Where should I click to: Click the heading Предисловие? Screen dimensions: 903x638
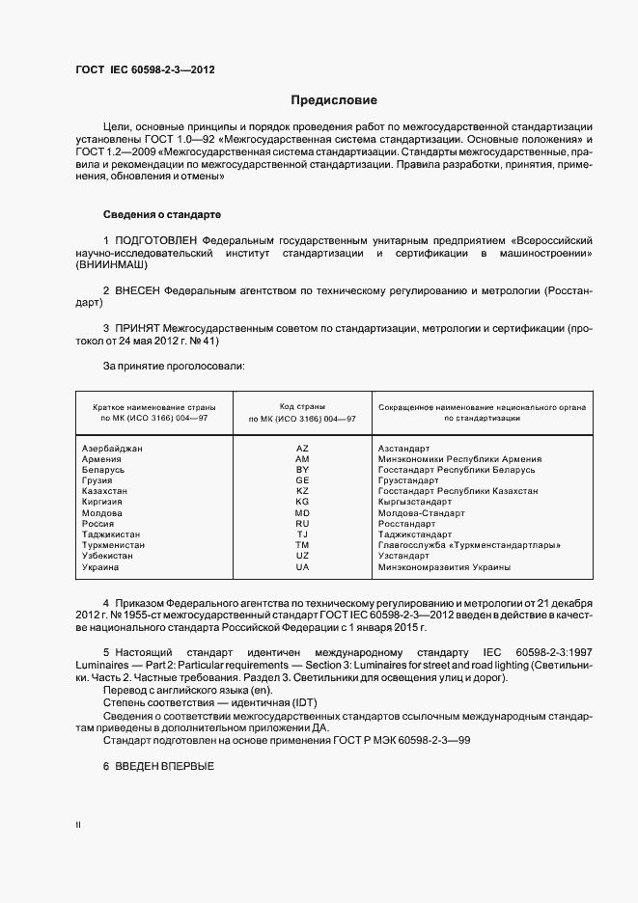pos(335,100)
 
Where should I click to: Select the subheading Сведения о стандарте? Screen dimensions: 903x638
pos(162,213)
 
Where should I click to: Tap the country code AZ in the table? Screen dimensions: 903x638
pos(302,449)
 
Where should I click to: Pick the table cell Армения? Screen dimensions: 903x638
pos(102,459)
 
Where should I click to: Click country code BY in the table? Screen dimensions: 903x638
pos(302,470)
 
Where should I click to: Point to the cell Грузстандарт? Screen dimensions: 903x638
pos(408,480)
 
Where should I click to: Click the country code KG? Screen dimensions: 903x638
pos(302,502)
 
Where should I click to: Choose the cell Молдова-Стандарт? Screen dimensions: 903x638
pos(421,512)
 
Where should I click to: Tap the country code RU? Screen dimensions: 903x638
pos(302,524)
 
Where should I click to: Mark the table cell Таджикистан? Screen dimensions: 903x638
pos(111,534)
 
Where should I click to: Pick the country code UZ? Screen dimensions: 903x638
pos(302,556)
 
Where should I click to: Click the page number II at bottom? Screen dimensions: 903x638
pos(78,826)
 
